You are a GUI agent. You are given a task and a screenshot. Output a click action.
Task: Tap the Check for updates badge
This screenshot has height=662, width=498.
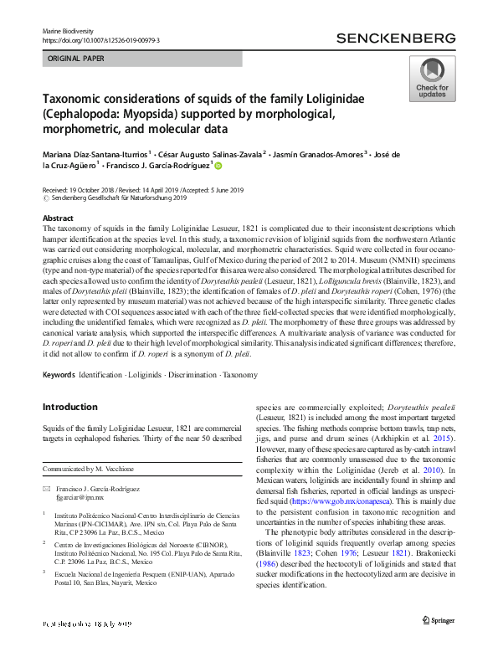(431, 80)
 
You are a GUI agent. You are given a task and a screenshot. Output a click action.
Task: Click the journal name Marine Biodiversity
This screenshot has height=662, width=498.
(71, 30)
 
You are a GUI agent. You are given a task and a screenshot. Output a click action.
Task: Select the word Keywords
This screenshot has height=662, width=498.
(59, 376)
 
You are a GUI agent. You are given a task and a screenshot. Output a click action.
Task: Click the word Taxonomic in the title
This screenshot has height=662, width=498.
(79, 99)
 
